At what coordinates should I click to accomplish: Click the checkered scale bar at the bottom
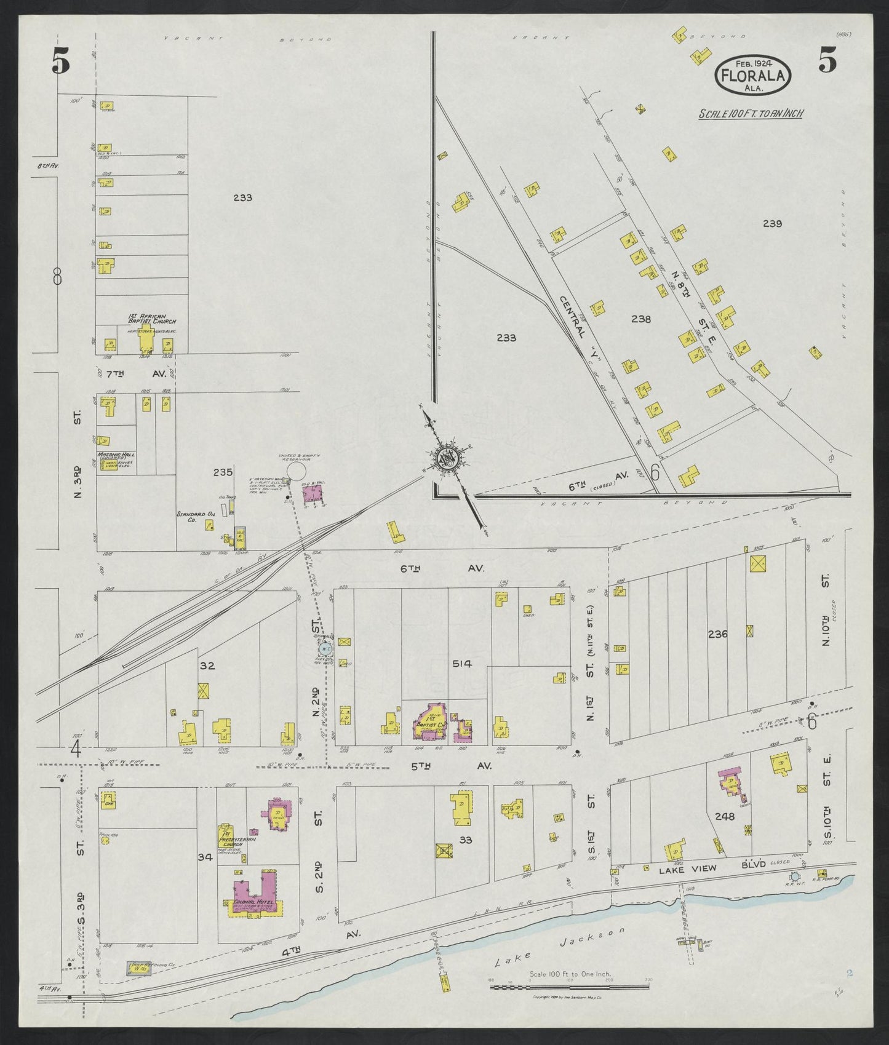point(569,987)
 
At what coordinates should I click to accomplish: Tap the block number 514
point(461,664)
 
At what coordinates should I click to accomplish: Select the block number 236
point(717,634)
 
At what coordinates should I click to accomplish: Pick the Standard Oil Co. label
point(195,517)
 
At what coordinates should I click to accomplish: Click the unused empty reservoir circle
point(297,472)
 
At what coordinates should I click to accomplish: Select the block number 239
point(771,223)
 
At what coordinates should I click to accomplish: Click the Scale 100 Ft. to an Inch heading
point(751,113)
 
